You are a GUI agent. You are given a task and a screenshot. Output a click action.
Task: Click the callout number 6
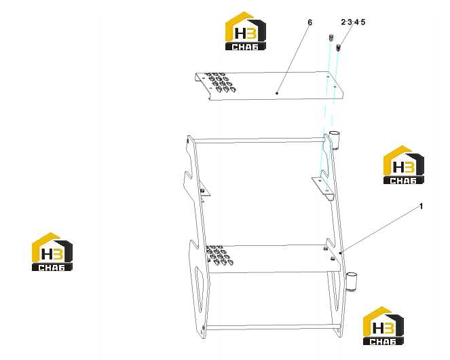point(310,22)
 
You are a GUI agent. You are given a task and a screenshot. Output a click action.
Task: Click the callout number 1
point(421,206)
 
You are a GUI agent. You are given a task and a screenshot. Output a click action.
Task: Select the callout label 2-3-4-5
point(353,22)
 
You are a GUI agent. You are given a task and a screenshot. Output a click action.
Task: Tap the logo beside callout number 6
point(246,31)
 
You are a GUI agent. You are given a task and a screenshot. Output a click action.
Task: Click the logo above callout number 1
point(404,164)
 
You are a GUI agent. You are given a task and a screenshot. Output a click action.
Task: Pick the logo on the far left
point(52,252)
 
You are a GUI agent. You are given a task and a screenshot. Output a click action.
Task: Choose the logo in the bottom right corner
point(383,325)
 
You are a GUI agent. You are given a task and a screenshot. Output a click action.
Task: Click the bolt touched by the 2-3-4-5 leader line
point(339,48)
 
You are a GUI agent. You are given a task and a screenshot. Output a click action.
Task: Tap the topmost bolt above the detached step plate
point(331,37)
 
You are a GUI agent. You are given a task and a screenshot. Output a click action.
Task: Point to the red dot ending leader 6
point(277,93)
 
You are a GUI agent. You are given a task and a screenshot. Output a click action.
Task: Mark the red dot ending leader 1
point(340,253)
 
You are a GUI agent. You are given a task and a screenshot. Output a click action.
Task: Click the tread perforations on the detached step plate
point(221,83)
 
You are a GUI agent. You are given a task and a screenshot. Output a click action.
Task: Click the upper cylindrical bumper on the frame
point(334,140)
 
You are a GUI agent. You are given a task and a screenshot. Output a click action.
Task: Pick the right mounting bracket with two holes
point(323,186)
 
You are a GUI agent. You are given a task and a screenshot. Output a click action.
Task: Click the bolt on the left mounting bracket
point(202,190)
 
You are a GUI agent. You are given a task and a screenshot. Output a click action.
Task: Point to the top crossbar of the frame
point(259,141)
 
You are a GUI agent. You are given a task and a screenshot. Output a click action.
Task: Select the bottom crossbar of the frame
point(272,327)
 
